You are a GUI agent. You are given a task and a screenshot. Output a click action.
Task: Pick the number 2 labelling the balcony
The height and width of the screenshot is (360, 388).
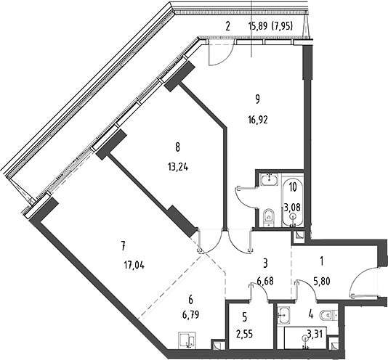click(227, 27)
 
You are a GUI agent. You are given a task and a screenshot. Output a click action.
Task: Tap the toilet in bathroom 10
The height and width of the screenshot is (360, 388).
click(267, 215)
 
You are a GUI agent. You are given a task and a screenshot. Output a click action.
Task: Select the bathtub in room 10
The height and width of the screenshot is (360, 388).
click(292, 200)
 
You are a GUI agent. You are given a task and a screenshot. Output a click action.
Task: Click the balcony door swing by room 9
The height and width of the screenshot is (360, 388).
click(219, 51)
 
